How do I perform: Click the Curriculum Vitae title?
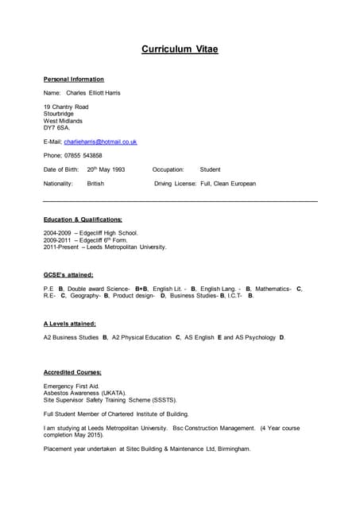click(180, 49)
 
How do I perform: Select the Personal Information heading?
click(73, 80)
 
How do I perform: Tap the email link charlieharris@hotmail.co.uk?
click(100, 142)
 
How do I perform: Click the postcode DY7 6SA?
click(56, 127)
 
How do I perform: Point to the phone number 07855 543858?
click(83, 155)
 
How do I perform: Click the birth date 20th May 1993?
click(106, 169)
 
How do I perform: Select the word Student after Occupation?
click(211, 169)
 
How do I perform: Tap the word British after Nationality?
click(95, 184)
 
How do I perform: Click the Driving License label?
click(175, 184)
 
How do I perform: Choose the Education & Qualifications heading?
click(83, 219)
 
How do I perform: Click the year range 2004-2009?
click(57, 233)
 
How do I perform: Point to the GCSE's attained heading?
click(68, 274)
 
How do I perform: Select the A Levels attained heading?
click(70, 324)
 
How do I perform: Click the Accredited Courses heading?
click(72, 372)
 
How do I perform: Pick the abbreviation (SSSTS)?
click(161, 400)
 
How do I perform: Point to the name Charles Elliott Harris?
click(94, 93)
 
